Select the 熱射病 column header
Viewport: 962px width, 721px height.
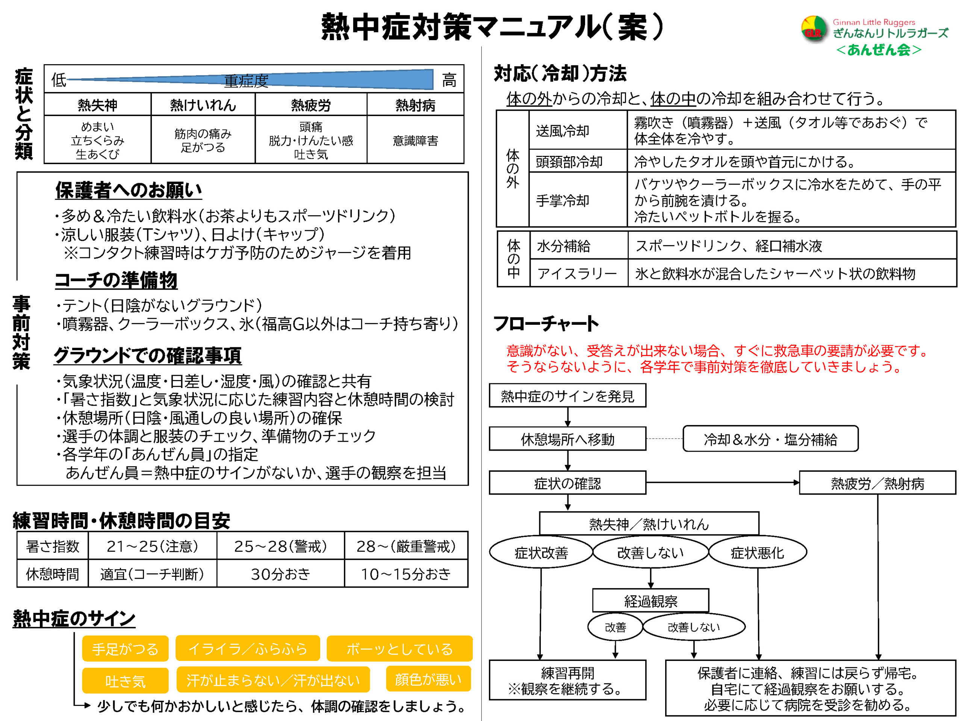tap(415, 105)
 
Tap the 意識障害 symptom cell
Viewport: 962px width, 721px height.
tap(415, 140)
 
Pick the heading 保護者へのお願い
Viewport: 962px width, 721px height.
tap(128, 190)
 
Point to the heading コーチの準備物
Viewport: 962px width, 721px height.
tap(116, 280)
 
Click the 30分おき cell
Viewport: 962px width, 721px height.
tap(280, 574)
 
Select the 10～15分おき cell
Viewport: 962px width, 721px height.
tap(406, 574)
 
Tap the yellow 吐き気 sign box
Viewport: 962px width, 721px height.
tap(125, 680)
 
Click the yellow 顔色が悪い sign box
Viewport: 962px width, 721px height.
tap(428, 679)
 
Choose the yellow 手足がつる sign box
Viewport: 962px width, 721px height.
tap(125, 649)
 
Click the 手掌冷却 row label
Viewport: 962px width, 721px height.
tap(562, 201)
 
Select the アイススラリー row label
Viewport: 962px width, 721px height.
tap(577, 273)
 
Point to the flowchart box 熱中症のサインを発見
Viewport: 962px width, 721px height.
tap(567, 396)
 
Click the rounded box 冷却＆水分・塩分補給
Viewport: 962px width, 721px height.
tap(770, 439)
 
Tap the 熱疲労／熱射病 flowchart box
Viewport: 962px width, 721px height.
tap(877, 483)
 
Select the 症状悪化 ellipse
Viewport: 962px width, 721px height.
tap(757, 552)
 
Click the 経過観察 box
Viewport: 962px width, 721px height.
tap(650, 601)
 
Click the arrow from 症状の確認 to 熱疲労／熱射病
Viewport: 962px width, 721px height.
tap(722, 483)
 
